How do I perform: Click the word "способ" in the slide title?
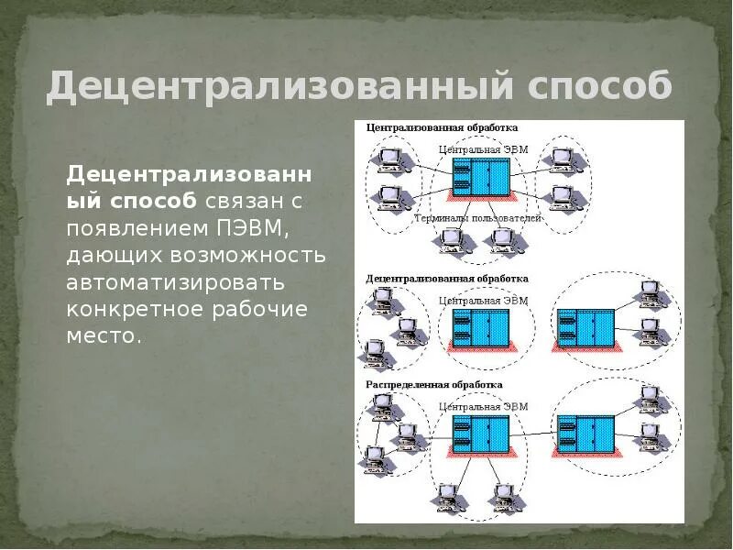click(x=599, y=87)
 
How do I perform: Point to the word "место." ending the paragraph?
click(x=104, y=335)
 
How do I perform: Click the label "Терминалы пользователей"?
click(x=477, y=219)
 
